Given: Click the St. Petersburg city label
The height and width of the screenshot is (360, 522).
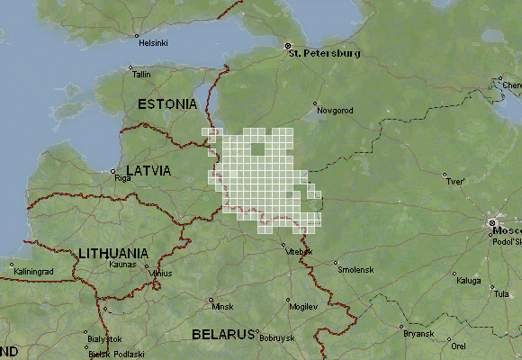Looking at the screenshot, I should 324,53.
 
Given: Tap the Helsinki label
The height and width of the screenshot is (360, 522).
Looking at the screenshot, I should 152,42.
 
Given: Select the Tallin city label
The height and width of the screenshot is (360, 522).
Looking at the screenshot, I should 141,75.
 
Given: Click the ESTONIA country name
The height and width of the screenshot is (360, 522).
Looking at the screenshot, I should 166,104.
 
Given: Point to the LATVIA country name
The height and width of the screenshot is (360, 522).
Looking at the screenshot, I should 148,169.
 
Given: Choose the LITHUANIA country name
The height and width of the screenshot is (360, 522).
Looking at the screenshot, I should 113,254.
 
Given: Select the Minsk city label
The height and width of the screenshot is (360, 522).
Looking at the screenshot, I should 222,307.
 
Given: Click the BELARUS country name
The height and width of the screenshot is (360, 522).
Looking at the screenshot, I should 224,334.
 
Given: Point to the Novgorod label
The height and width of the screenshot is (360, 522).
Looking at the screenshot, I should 336,111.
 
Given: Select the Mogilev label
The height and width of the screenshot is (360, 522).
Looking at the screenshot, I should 304,307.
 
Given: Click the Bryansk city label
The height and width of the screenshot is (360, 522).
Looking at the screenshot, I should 418,334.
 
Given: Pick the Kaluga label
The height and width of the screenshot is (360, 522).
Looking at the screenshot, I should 469,281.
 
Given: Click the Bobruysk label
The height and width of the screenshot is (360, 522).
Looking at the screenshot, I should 277,337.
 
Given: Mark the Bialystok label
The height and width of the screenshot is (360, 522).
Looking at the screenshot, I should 104,339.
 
